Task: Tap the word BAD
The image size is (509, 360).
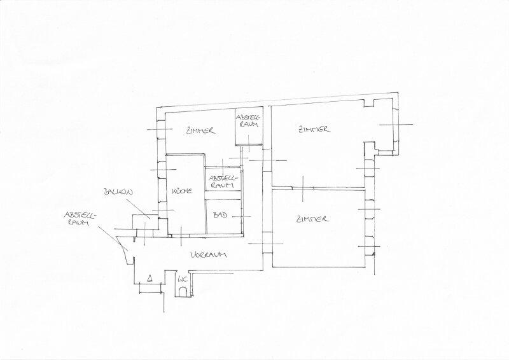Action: pos(220,215)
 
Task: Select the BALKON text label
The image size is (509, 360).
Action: pos(118,192)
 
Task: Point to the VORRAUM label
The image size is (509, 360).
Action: pos(208,254)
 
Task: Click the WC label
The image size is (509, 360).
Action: pos(181,279)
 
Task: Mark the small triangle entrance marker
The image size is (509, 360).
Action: pos(150,278)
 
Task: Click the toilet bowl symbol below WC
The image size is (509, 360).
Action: pos(183,291)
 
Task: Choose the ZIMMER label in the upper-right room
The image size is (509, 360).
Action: pos(314,129)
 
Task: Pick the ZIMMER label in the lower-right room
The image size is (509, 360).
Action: pos(312,219)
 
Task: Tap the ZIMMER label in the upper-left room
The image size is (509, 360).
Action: pos(200,130)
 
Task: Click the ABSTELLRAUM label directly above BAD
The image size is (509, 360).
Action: pos(223,182)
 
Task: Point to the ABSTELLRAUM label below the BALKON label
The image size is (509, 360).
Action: pos(81,218)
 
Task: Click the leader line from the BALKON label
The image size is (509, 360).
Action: pos(138,209)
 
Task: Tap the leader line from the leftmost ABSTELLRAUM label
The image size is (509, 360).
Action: pos(113,238)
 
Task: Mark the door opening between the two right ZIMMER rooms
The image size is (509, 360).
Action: pos(303,188)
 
